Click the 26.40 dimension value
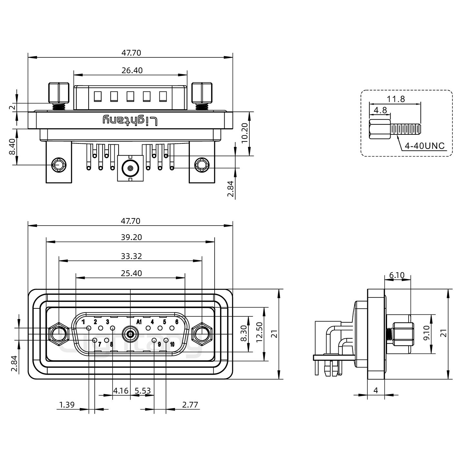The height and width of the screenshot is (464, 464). [132, 70]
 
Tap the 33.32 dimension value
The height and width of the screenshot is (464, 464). [131, 256]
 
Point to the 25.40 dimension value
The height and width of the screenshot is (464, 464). [131, 273]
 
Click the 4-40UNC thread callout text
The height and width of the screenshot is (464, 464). [424, 146]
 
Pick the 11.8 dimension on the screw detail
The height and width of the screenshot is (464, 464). [396, 99]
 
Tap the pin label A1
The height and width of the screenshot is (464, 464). [139, 322]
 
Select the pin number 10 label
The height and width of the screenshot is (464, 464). [172, 344]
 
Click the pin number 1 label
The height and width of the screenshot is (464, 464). [83, 322]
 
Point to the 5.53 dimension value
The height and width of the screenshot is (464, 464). [143, 391]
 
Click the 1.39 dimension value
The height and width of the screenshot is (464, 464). [67, 405]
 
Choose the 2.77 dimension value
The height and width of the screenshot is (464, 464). [190, 405]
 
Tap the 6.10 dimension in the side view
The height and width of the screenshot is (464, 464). [397, 275]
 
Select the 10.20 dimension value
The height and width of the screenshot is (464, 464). [245, 133]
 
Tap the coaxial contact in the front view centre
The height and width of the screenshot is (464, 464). [130, 334]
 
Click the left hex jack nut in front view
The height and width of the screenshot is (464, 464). [58, 334]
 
